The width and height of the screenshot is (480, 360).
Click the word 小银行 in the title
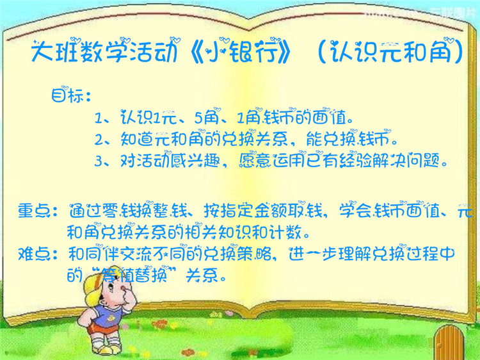(x=243, y=51)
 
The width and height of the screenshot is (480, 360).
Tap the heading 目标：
(x=71, y=95)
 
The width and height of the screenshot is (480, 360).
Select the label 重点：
(x=37, y=211)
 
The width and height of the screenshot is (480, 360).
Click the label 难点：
(x=37, y=254)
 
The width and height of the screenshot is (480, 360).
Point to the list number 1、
(x=102, y=117)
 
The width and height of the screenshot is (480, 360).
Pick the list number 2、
(x=102, y=140)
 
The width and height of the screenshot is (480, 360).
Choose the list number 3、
(x=102, y=161)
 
